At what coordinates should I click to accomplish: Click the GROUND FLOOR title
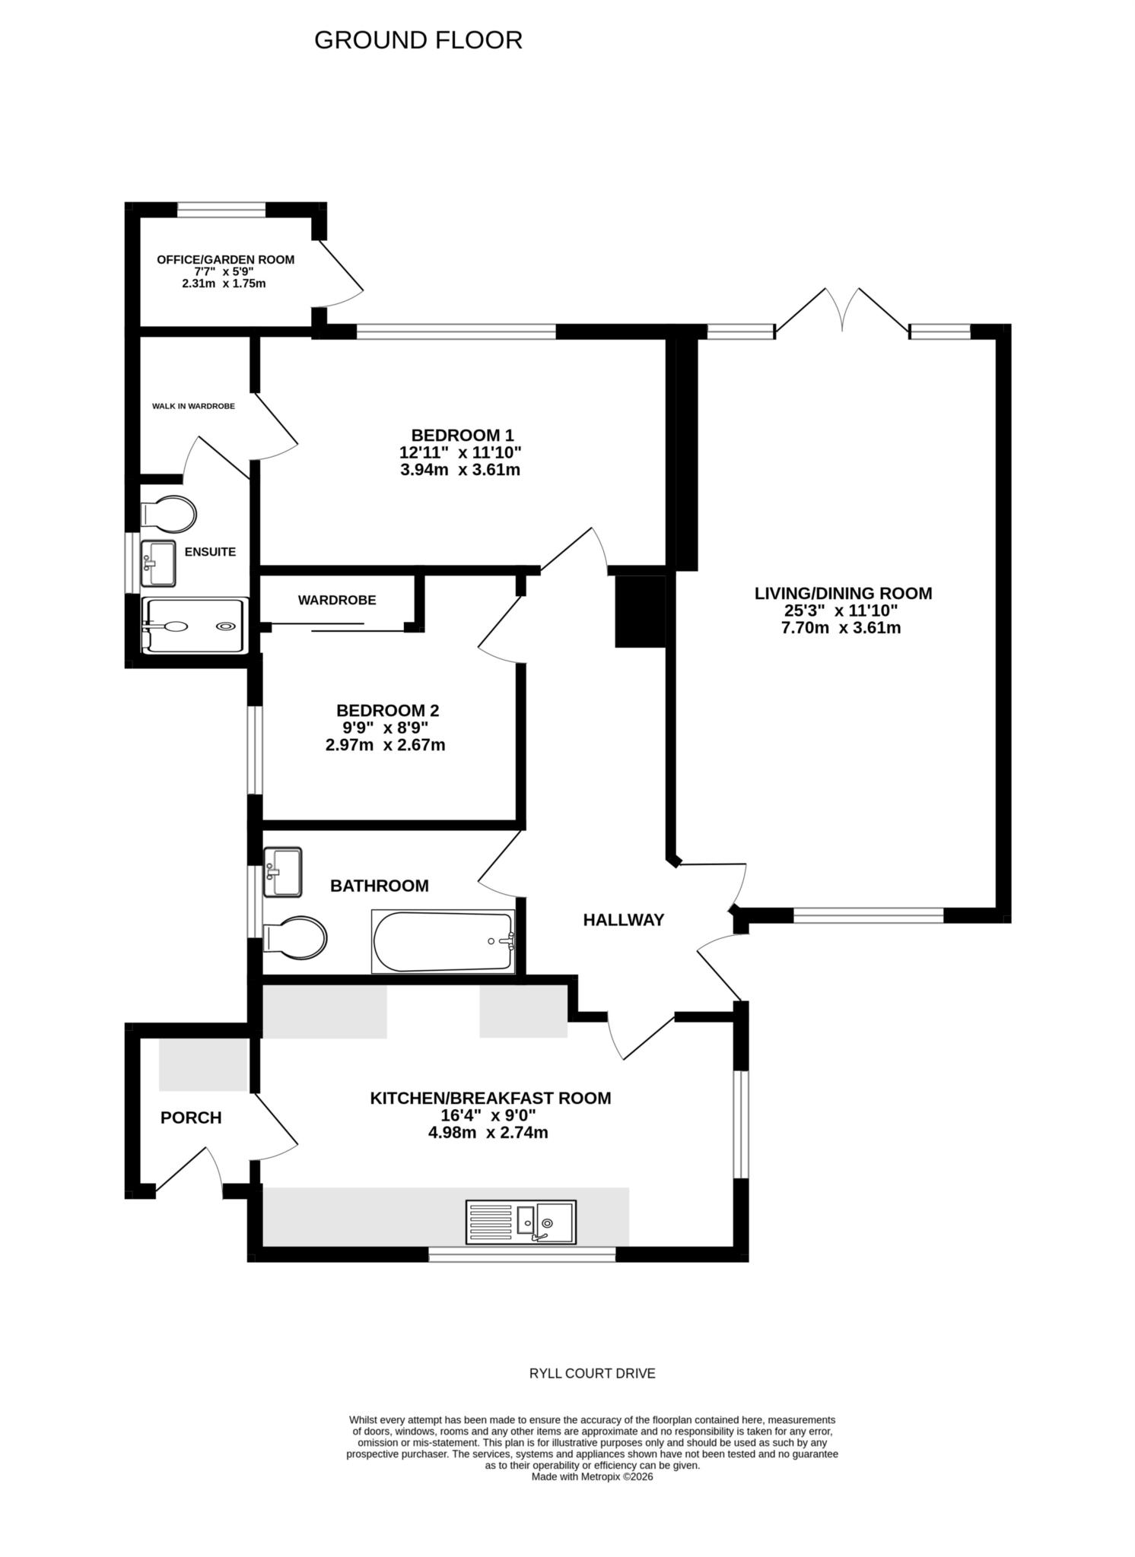[418, 40]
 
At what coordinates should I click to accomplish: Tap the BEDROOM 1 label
[462, 436]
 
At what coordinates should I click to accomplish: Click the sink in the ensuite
[158, 563]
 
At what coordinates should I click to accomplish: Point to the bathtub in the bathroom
[443, 941]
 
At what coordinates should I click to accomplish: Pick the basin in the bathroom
[282, 872]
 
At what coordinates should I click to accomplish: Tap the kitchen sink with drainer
[521, 1222]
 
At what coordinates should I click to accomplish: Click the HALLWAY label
[623, 920]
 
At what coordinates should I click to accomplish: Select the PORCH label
[191, 1118]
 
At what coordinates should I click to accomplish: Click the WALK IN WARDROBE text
[193, 406]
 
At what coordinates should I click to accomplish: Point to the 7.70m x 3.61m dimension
[843, 628]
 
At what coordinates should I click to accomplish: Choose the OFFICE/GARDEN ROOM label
[225, 259]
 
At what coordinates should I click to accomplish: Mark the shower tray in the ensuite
[195, 626]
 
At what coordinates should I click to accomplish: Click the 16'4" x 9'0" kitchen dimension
[489, 1115]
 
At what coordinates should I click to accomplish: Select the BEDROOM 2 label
[387, 711]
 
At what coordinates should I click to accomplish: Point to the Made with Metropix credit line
[592, 1476]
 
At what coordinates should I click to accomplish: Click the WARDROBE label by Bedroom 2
[336, 600]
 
